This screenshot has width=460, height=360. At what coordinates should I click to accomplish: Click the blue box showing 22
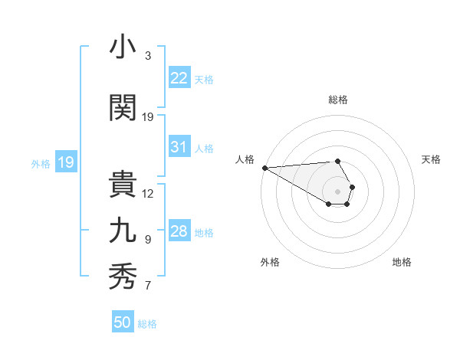click(179, 78)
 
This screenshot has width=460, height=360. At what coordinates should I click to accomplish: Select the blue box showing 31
click(179, 147)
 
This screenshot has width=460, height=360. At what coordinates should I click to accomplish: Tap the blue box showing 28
click(179, 231)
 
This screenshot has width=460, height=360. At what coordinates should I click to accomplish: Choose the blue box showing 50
click(123, 322)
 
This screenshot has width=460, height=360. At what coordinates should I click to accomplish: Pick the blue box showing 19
click(65, 162)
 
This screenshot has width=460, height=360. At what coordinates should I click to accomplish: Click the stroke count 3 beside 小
click(148, 56)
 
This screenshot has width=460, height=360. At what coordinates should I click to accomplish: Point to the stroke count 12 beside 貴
click(148, 193)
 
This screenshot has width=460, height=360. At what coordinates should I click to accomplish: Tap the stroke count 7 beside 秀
click(148, 286)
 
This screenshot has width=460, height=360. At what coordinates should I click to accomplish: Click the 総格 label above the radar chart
click(338, 100)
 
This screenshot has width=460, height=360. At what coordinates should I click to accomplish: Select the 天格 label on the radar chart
click(432, 159)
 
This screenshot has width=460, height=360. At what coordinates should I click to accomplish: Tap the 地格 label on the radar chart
click(402, 262)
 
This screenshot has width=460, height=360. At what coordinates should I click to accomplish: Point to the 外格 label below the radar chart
click(270, 262)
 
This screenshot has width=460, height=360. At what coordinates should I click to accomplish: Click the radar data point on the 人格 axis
click(264, 168)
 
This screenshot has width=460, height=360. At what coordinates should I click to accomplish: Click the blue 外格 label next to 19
click(40, 163)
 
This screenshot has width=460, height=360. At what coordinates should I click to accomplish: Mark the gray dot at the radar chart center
click(338, 191)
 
